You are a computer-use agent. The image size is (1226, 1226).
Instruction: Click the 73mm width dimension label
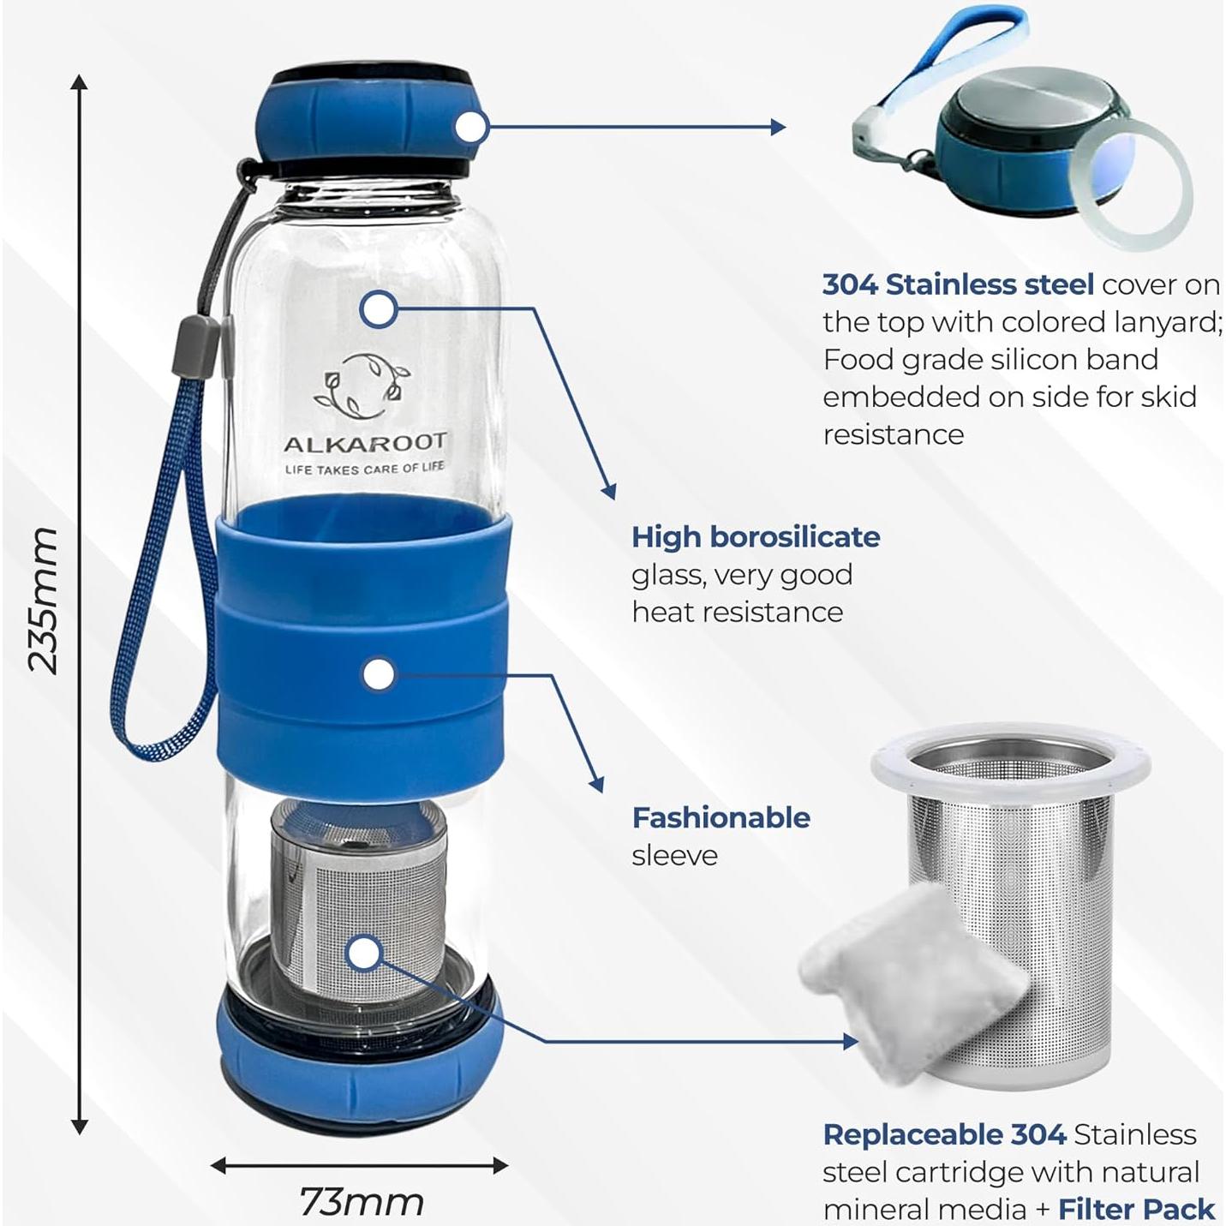362,1202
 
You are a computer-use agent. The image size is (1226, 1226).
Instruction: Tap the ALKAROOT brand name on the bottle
365,443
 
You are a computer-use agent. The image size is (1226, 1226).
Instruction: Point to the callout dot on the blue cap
470,128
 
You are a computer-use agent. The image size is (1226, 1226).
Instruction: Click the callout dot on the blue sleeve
378,674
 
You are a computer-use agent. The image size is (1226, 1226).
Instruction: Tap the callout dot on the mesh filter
365,954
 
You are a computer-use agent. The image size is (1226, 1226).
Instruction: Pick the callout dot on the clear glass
378,308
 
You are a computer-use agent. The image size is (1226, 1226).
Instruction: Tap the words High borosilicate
756,537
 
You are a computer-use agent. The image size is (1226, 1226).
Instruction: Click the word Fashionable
721,817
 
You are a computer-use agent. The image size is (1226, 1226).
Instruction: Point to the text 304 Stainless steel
957,284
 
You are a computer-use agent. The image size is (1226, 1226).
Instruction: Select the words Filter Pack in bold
1136,1209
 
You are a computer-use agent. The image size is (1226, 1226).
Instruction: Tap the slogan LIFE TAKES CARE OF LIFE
365,469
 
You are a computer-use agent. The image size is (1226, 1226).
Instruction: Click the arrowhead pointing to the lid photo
777,127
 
